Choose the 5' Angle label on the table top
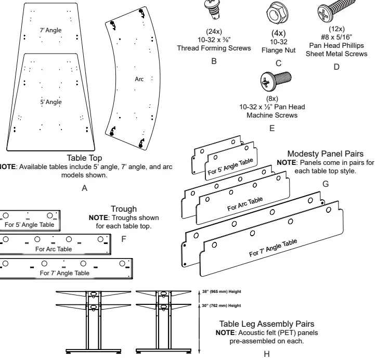[x=50, y=102]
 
